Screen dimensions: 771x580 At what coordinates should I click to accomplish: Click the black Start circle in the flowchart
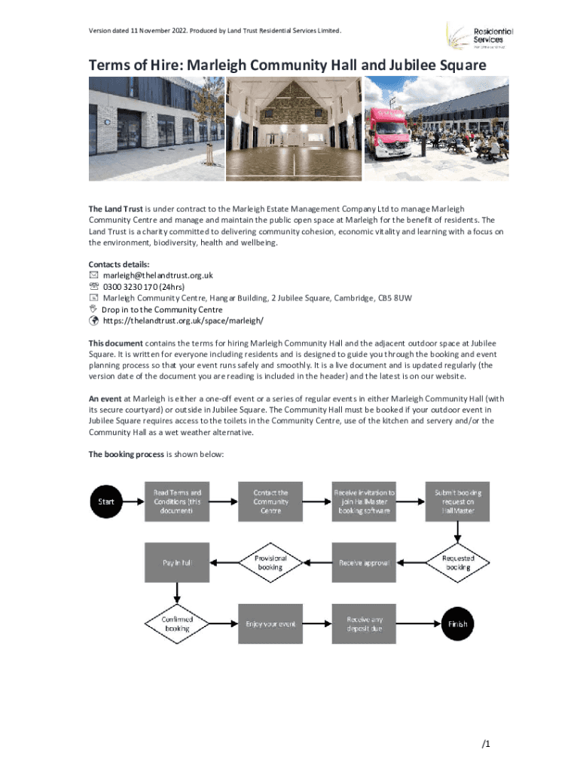pos(108,503)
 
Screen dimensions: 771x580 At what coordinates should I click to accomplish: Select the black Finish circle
pos(458,623)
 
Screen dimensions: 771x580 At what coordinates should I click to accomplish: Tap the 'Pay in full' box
pos(177,562)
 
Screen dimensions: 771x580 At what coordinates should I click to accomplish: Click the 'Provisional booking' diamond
pos(270,562)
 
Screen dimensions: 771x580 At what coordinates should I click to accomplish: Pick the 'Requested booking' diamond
pos(457,562)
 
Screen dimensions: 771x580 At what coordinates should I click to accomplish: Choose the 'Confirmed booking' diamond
pos(177,623)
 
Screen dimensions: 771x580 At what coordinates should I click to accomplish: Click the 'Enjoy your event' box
pos(270,623)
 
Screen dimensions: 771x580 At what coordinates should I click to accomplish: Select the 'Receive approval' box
pos(364,562)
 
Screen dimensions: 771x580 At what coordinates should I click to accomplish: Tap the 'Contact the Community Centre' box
pos(270,501)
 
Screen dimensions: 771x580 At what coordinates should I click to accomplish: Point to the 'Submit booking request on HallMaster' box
pos(457,501)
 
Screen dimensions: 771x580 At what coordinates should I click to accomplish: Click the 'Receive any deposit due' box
pos(364,623)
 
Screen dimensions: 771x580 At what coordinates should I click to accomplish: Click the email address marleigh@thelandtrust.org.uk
pos(157,276)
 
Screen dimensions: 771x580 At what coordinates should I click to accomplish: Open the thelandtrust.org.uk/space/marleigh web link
pos(183,321)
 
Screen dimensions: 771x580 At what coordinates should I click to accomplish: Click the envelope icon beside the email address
pos(93,276)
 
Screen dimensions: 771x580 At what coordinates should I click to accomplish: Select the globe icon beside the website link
pos(93,321)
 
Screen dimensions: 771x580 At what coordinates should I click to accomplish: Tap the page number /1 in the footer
pos(486,745)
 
